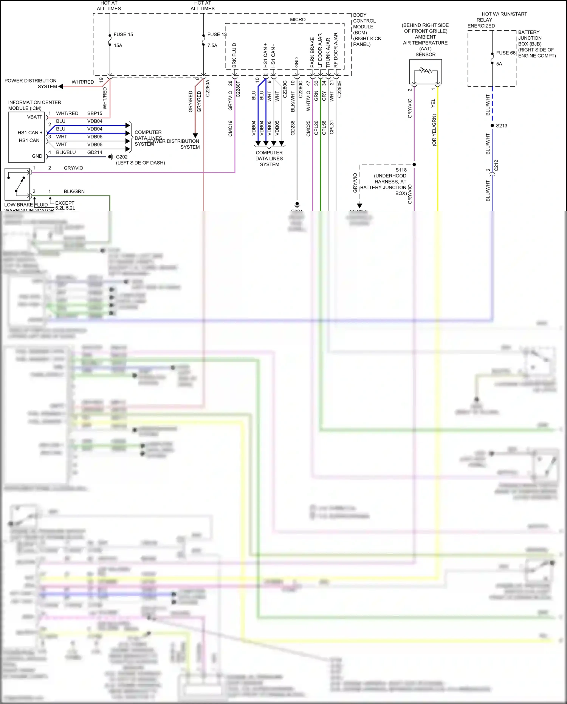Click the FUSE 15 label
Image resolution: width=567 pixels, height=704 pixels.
(123, 34)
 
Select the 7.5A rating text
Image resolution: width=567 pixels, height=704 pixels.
(212, 45)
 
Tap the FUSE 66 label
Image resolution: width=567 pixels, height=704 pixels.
(506, 53)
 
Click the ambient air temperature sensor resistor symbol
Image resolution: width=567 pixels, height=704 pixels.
(426, 70)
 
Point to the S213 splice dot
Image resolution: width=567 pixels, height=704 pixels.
(492, 126)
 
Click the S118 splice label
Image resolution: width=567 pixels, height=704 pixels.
(401, 170)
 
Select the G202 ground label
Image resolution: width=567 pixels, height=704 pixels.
(122, 157)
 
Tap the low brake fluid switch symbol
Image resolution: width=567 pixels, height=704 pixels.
(17, 184)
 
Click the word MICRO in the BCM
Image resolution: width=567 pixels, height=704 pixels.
(297, 20)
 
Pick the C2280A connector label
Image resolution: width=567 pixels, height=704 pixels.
(208, 88)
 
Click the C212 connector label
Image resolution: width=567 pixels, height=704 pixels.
(496, 165)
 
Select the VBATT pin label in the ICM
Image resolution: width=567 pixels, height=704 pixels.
(34, 117)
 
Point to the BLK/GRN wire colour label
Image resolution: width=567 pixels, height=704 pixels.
(74, 191)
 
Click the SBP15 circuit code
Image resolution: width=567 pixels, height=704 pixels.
(94, 113)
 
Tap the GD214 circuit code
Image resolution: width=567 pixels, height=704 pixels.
(94, 152)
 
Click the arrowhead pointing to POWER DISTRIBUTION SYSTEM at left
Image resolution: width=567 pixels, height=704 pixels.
(61, 87)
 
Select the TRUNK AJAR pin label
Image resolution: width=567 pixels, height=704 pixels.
(328, 53)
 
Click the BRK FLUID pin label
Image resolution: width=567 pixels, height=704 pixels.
(234, 55)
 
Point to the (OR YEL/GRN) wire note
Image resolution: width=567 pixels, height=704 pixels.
(434, 130)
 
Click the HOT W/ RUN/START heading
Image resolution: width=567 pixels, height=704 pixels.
(504, 14)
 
